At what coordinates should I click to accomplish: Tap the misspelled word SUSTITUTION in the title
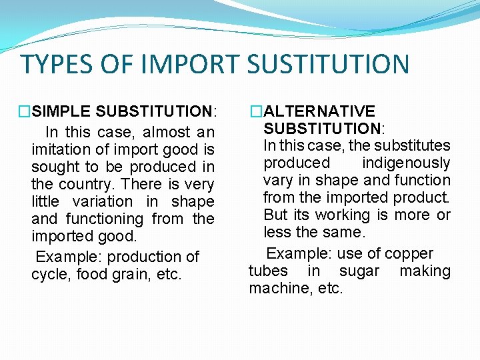pyautogui.click(x=327, y=65)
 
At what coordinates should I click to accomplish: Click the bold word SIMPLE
pyautogui.click(x=63, y=111)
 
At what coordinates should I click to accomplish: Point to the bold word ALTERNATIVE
pyautogui.click(x=319, y=111)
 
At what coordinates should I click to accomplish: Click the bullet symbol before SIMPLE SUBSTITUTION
pyautogui.click(x=25, y=111)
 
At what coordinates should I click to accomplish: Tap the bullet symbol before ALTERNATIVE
pyautogui.click(x=257, y=111)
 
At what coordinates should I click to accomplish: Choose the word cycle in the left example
pyautogui.click(x=47, y=274)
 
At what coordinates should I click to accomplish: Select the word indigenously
pyautogui.click(x=406, y=163)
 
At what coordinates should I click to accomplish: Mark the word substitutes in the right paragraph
pyautogui.click(x=412, y=145)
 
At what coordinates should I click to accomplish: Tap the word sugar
pyautogui.click(x=359, y=271)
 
